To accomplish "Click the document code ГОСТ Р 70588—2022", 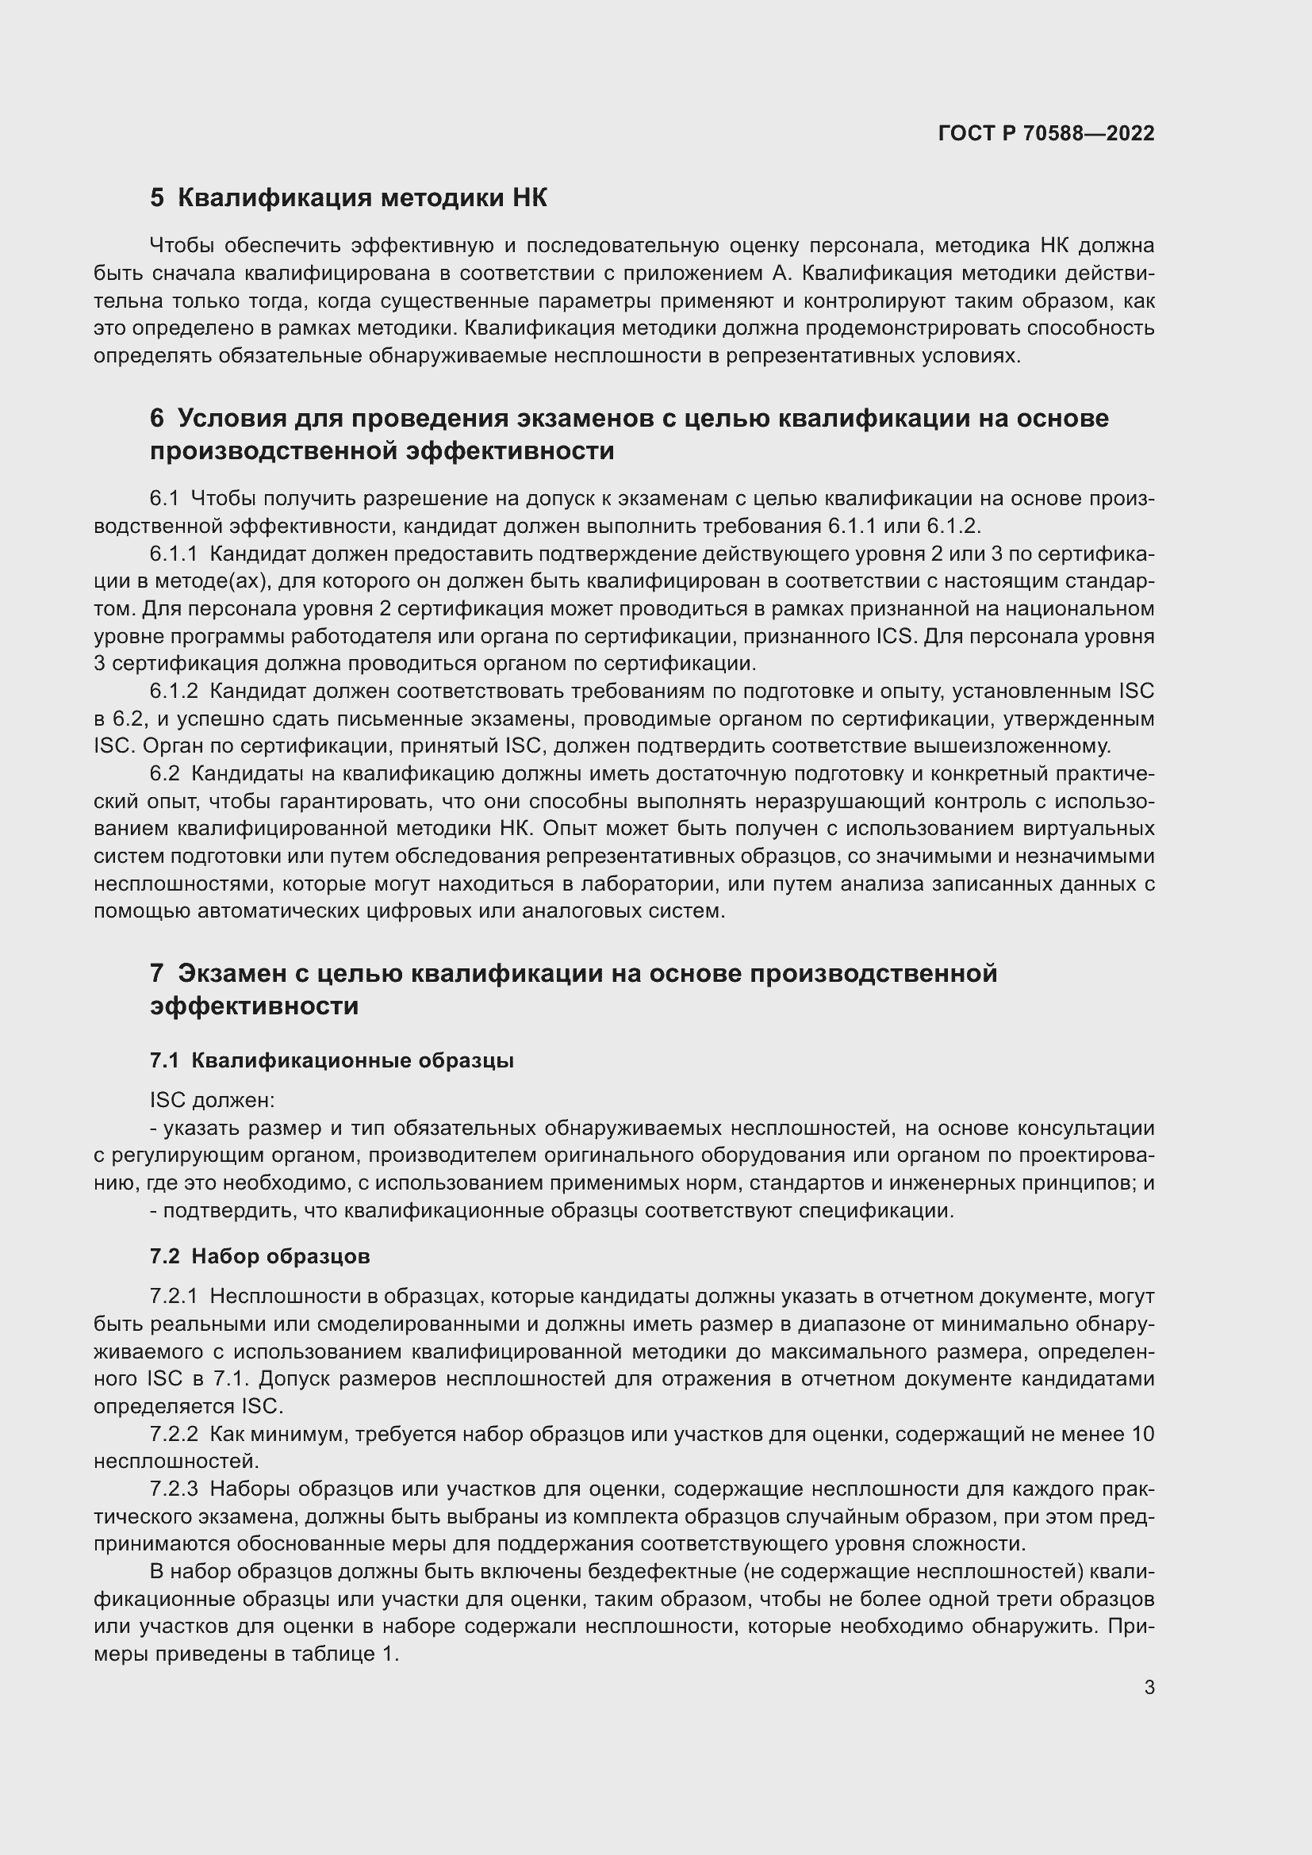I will [x=1045, y=133].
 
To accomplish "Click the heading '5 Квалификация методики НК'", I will [x=348, y=198].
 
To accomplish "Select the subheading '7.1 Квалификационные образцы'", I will [x=332, y=1060].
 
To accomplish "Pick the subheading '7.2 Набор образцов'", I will [x=259, y=1255].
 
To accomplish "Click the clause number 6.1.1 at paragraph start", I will [x=174, y=554].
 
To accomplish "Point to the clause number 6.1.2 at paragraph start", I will [x=174, y=691].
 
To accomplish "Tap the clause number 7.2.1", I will [x=174, y=1296].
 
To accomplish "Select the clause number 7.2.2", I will [x=174, y=1433].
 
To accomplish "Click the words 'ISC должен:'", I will [x=212, y=1101].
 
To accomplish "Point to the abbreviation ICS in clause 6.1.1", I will [x=896, y=636].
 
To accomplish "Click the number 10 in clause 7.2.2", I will [x=1142, y=1433].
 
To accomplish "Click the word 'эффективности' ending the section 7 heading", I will [x=254, y=1006].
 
